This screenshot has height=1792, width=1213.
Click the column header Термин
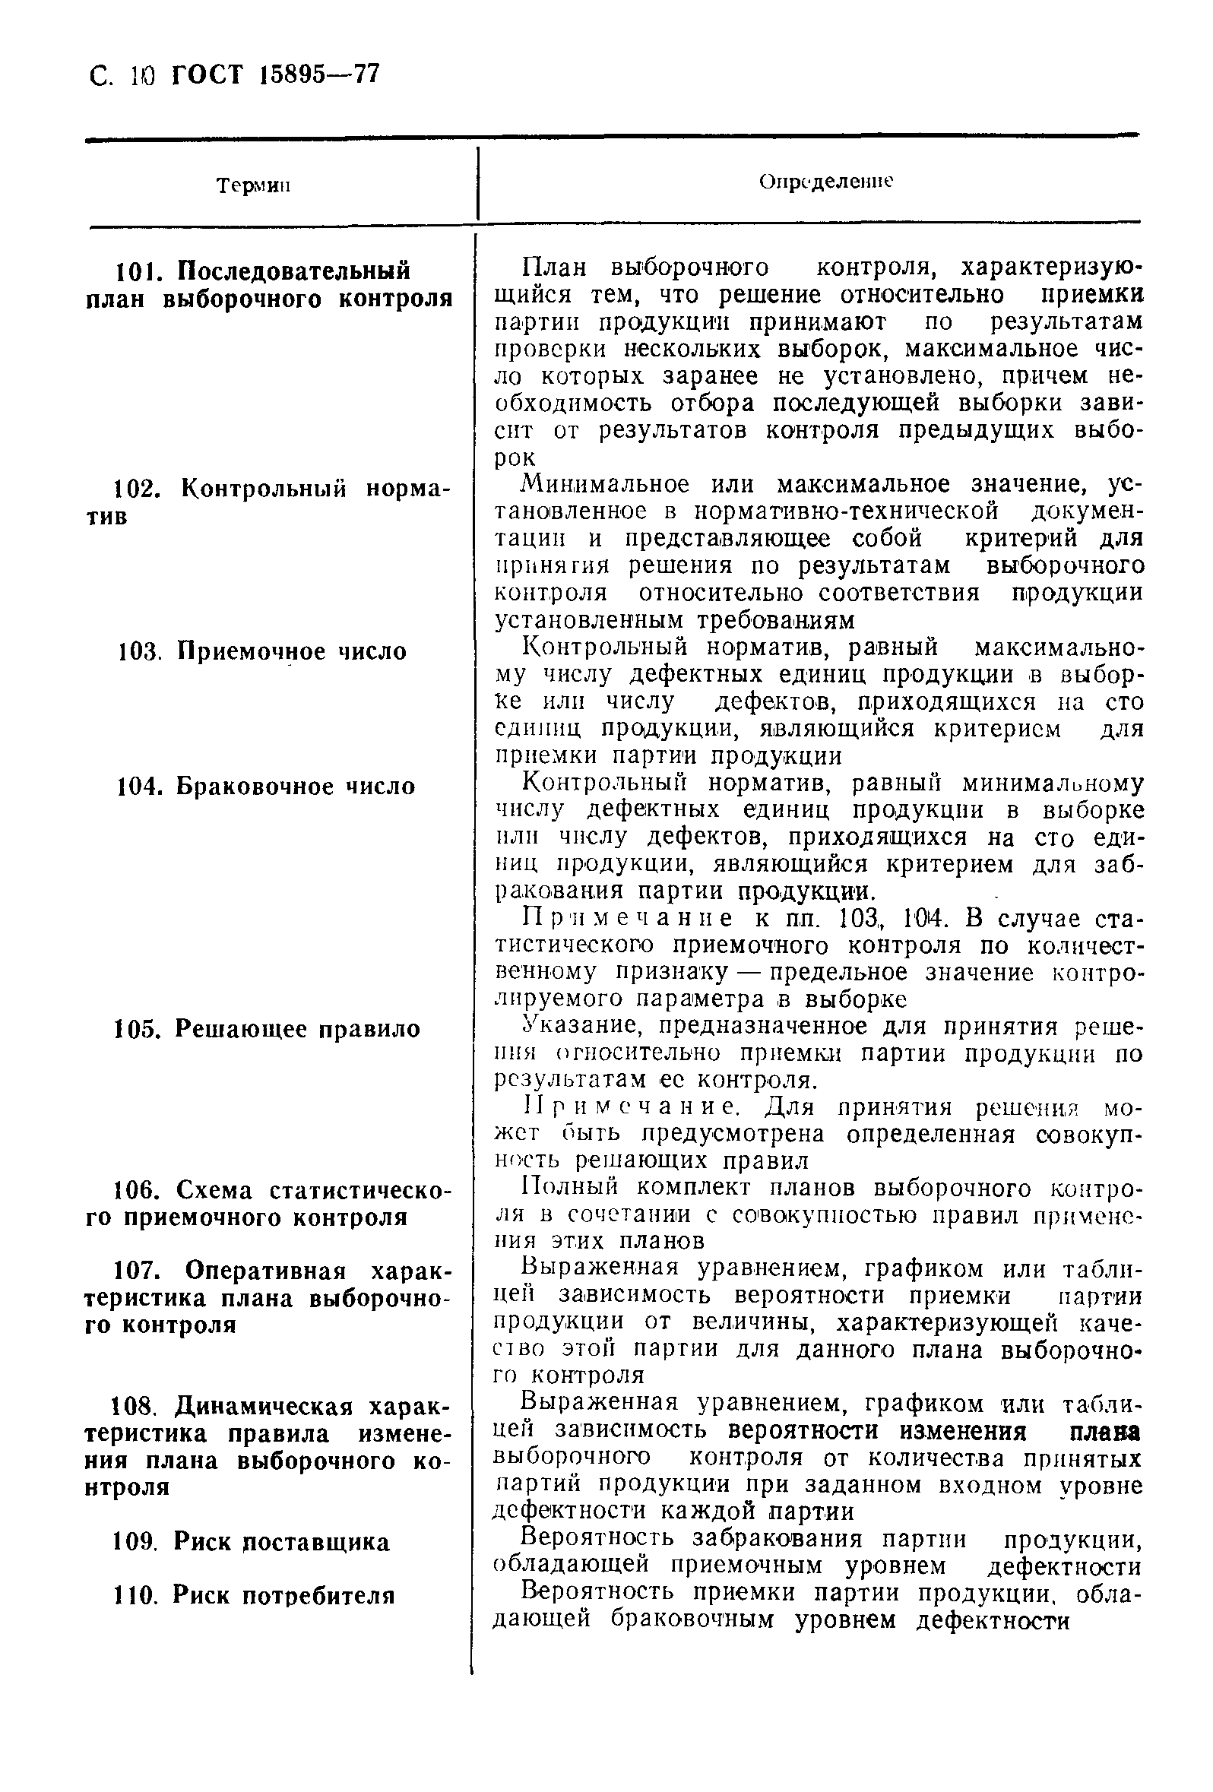[253, 186]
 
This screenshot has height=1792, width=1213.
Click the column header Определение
[825, 182]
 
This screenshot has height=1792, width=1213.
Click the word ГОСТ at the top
[206, 75]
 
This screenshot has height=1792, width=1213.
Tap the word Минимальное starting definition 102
[605, 485]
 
